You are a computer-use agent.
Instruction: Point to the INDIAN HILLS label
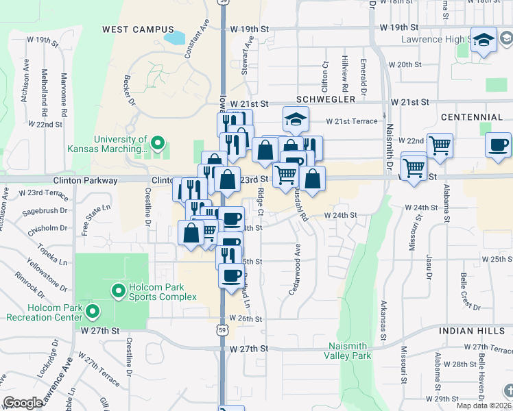pos(475,331)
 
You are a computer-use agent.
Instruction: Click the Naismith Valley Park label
pos(350,351)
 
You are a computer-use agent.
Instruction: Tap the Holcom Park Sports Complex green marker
pos(118,292)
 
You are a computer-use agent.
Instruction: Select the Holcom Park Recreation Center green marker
pos(92,313)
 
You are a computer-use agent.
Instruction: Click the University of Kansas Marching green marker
pos(158,144)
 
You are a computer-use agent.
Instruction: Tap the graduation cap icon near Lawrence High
pos(484,40)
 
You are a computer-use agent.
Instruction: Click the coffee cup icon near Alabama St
pos(498,145)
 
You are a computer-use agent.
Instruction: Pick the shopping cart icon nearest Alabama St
pos(439,145)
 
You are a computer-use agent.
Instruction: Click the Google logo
pos(23,403)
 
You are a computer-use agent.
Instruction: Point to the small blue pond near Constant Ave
pos(175,37)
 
